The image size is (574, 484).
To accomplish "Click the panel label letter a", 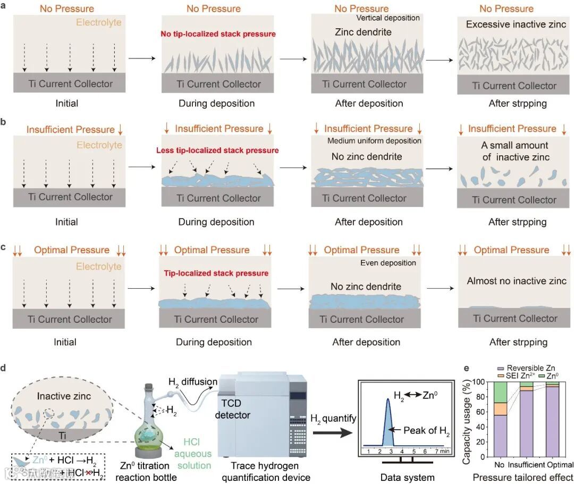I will point(4,9).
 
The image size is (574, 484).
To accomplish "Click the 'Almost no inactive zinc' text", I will point(517,281).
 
